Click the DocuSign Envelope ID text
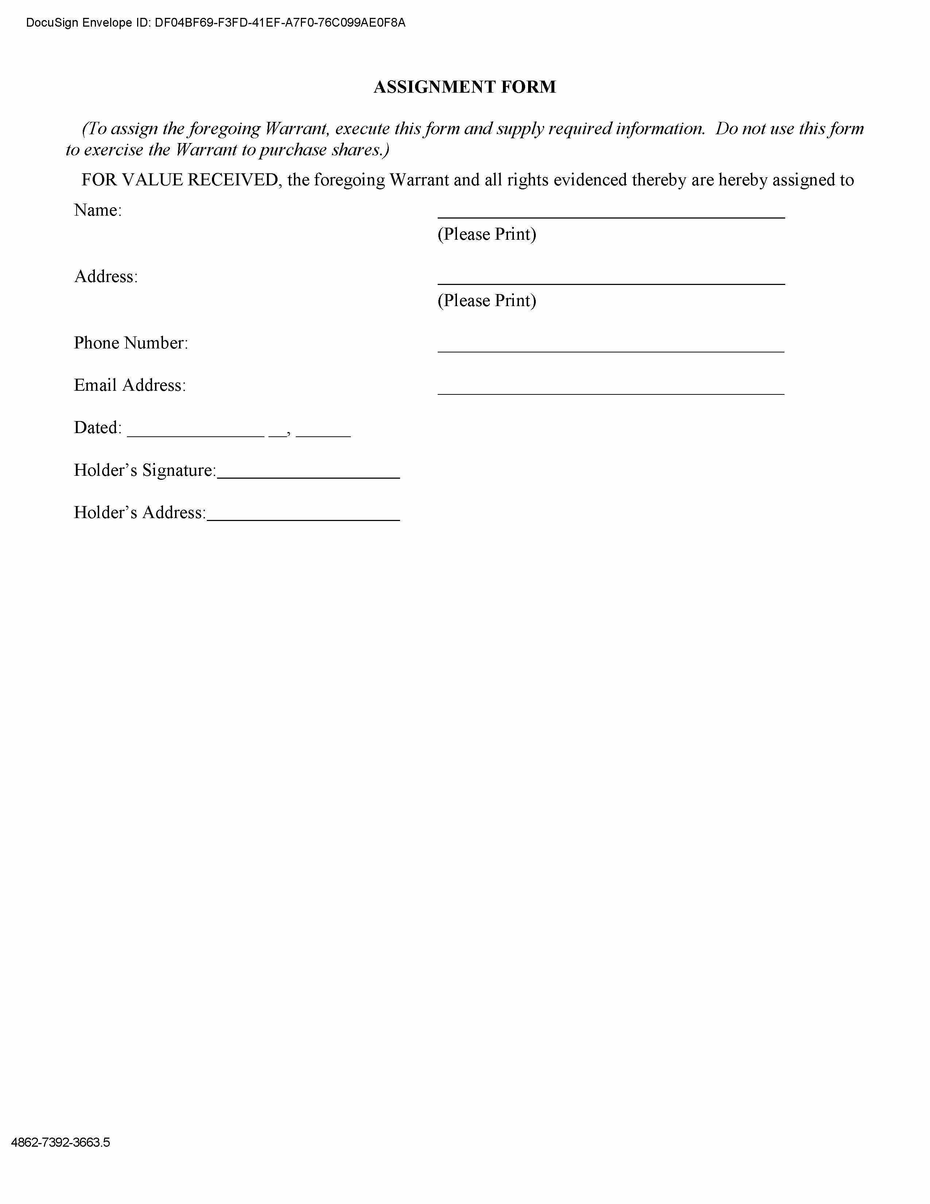(x=216, y=23)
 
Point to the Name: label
(x=97, y=210)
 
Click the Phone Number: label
(x=131, y=343)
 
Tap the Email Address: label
(x=129, y=385)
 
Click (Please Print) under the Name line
(x=487, y=234)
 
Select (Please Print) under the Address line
(x=487, y=300)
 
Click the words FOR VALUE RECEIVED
(x=179, y=180)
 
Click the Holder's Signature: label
(x=145, y=470)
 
